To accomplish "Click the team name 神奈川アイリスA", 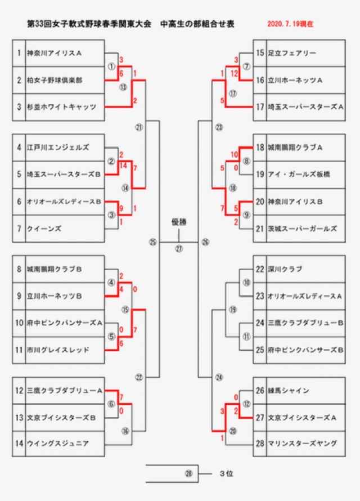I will tap(55, 53).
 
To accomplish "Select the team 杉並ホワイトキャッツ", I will tap(61, 107).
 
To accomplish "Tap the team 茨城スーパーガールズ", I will tap(302, 229).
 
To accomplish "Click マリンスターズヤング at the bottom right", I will tap(302, 443).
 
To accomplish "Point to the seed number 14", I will tap(19, 443).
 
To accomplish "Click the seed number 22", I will tap(259, 269).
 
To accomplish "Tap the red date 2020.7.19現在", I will tap(290, 25).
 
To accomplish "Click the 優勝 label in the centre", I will tap(179, 222).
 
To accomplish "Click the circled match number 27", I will tap(179, 248).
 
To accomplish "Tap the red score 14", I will tap(123, 167).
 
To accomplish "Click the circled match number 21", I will tap(139, 127).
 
